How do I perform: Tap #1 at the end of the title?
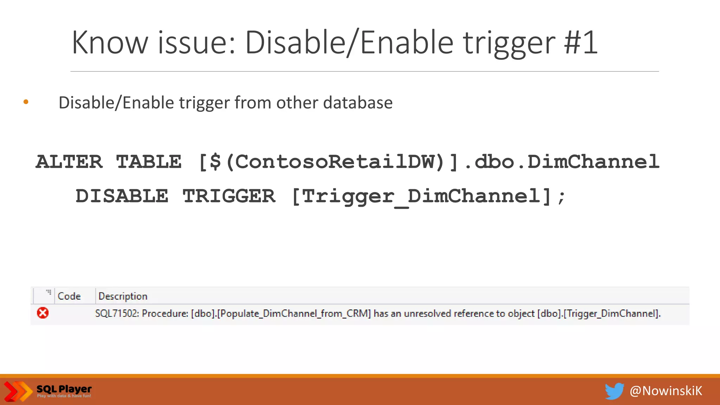580,43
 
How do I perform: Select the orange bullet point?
26,102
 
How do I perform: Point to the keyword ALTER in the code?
69,162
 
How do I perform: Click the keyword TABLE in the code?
149,162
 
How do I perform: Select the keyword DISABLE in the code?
122,196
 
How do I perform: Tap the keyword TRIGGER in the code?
229,196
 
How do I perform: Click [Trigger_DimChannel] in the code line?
421,196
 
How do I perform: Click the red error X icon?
43,313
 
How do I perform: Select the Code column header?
69,296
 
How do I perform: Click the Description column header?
123,296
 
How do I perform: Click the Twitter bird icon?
614,391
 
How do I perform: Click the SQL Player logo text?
64,389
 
